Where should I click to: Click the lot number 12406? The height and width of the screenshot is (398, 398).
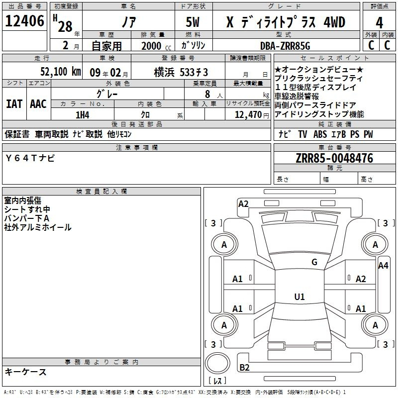pos(24,21)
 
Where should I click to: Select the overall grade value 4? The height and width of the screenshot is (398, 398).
pos(379,23)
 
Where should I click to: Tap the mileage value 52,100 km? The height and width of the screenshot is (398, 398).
pos(60,72)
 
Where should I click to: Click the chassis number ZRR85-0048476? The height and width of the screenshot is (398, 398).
pos(334,158)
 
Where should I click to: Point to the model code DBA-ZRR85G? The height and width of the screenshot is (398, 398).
pos(285,46)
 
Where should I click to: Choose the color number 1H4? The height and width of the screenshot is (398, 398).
pos(83,115)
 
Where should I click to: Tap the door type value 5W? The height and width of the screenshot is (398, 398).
pos(193,22)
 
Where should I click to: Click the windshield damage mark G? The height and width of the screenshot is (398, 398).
pos(314,262)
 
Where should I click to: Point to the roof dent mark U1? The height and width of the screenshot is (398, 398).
pos(299,297)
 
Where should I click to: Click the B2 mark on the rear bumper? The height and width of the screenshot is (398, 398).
pos(244,367)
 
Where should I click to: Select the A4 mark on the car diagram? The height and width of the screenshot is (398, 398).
pos(383,266)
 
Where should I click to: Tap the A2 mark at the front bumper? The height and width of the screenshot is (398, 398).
pos(243,204)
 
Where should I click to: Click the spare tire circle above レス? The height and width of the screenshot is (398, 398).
pos(217,363)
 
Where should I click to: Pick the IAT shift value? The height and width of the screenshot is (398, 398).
pos(14,104)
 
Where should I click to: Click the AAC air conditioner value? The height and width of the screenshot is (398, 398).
pos(38,104)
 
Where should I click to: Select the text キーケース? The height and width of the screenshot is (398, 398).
pos(26,372)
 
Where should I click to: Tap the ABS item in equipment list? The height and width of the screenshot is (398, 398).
pos(320,134)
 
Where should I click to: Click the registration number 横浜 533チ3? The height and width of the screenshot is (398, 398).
pos(181,72)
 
